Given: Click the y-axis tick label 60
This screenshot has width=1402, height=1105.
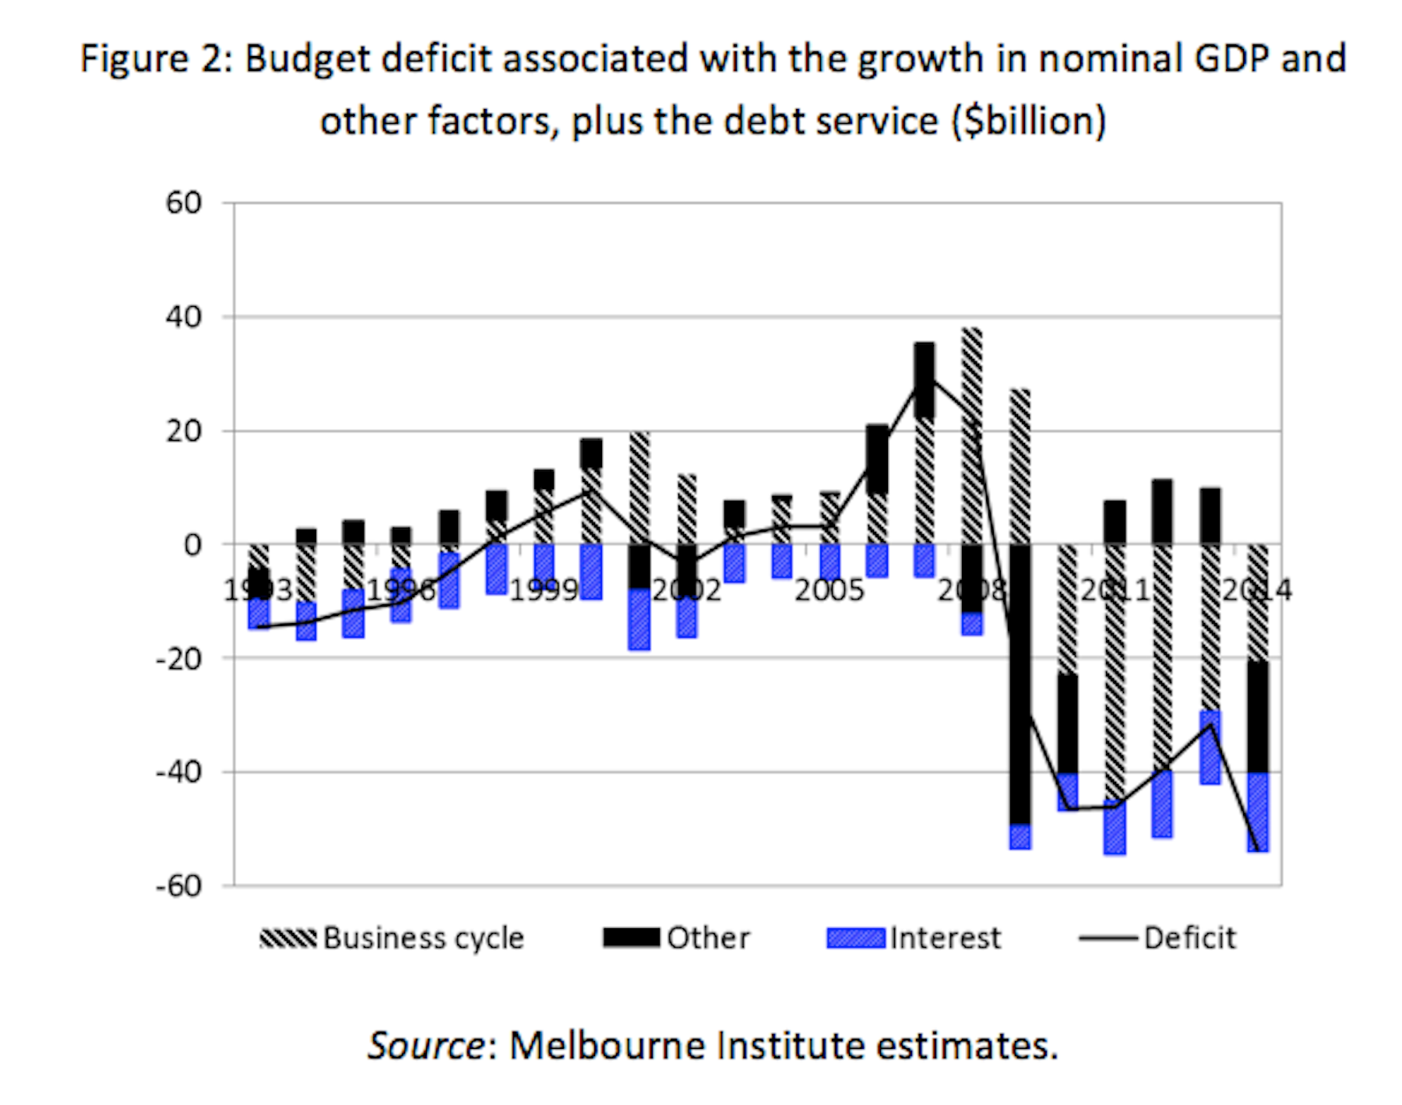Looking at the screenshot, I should [184, 203].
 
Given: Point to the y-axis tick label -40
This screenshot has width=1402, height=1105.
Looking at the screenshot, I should [178, 772].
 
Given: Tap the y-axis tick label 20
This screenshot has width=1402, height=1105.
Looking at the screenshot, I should [184, 431].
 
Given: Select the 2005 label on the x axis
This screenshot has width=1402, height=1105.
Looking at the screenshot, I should [830, 590].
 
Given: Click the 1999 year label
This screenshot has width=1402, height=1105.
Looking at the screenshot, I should [544, 590].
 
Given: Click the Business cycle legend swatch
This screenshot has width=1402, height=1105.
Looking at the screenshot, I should [287, 938].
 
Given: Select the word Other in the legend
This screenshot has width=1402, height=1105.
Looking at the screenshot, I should [708, 938].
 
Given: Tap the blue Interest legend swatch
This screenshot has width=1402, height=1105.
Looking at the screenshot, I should [856, 938].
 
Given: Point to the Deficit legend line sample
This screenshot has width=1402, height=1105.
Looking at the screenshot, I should [1108, 938].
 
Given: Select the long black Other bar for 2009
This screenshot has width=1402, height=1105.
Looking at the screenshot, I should [1020, 685].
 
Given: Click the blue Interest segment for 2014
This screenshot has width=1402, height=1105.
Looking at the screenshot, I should [1258, 811].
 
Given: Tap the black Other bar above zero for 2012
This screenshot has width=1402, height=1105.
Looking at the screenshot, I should [1162, 512].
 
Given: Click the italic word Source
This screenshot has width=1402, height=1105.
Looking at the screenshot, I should [426, 1045].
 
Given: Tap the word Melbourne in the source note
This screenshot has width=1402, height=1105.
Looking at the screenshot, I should [607, 1045].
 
